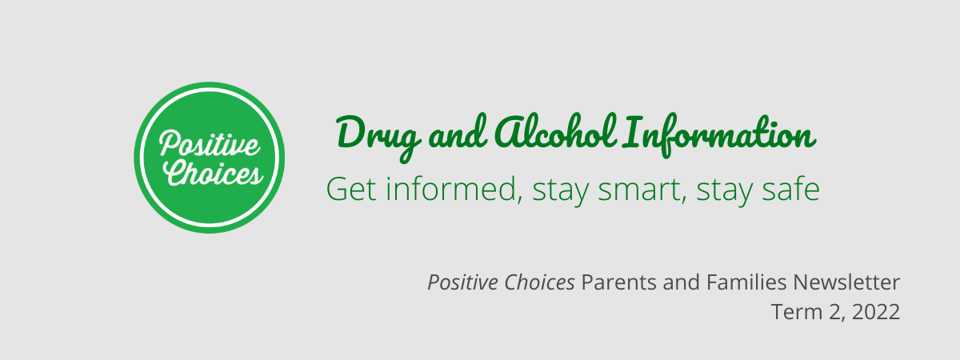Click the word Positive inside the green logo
tap(210, 143)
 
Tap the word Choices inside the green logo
tap(213, 173)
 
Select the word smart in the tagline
tap(640, 190)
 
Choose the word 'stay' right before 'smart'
tap(561, 191)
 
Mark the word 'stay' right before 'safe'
tap(724, 191)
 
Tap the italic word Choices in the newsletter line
tap(539, 282)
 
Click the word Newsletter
tap(846, 282)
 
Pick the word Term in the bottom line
tap(797, 312)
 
